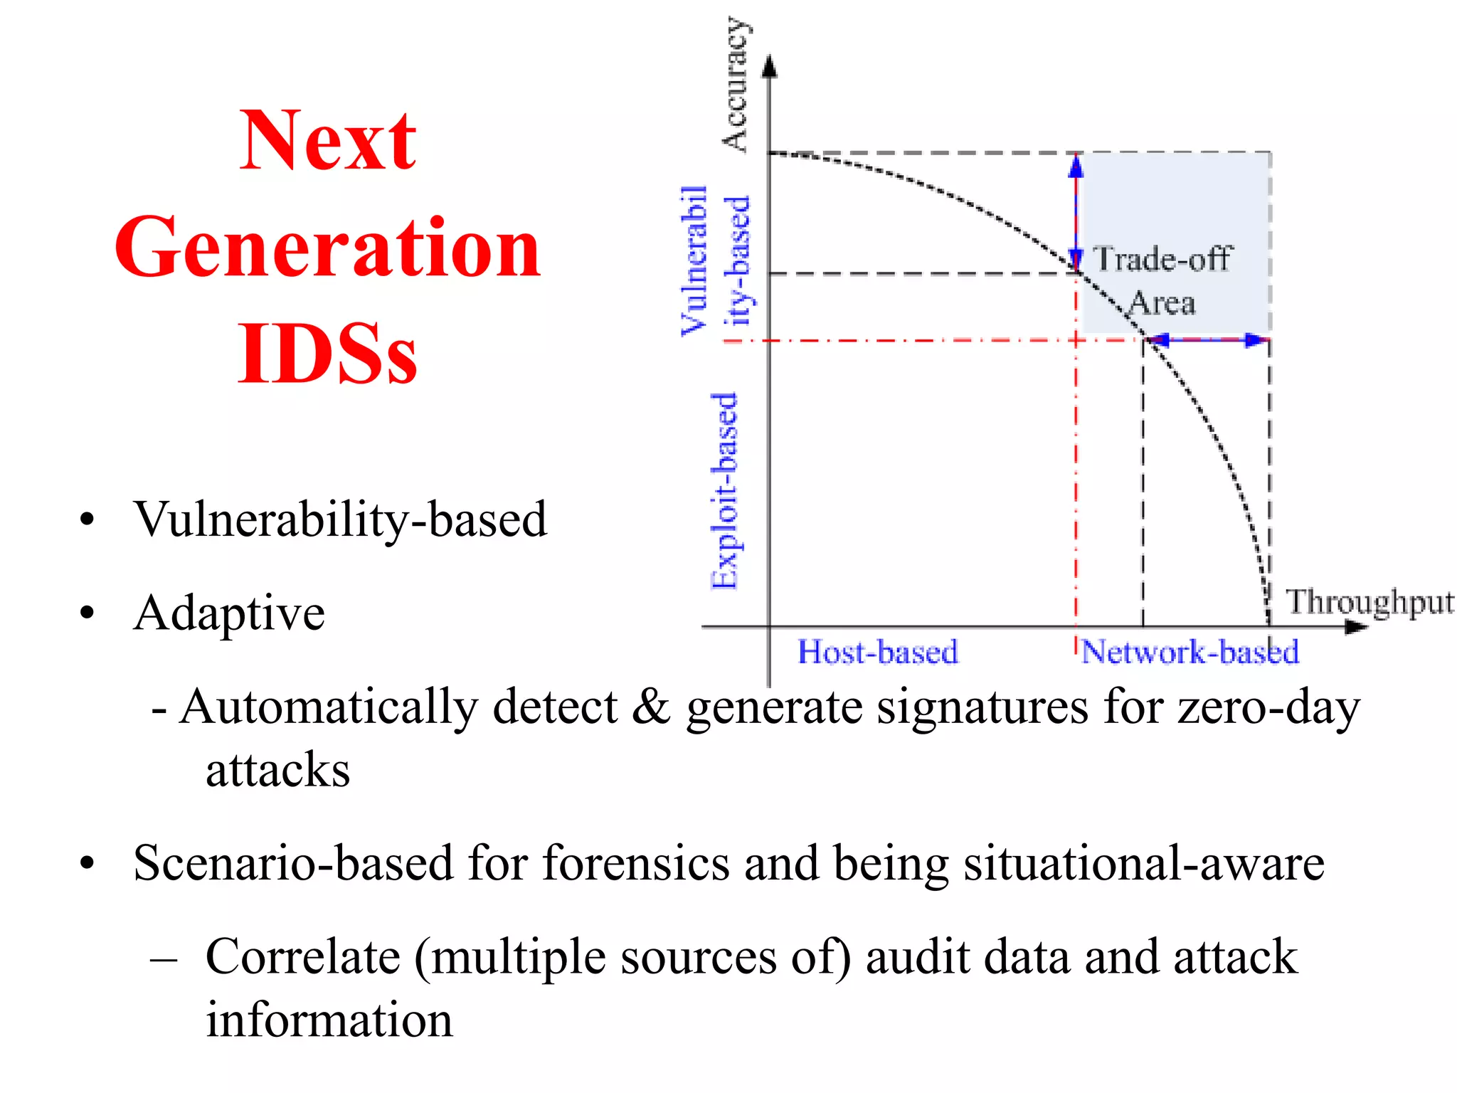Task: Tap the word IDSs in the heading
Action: [327, 354]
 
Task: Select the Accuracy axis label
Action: [736, 84]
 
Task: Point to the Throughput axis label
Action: [1369, 602]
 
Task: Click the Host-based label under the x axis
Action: [877, 652]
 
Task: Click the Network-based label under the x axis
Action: [1190, 652]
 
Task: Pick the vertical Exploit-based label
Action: [725, 491]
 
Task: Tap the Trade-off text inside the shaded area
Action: [1162, 258]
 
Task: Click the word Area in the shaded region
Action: [1162, 303]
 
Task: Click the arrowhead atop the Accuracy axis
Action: [769, 66]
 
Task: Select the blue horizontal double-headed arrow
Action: [1207, 340]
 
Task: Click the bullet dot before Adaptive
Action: [87, 613]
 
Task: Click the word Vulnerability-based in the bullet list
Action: [340, 519]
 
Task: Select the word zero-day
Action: [1268, 707]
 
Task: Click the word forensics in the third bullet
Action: [636, 863]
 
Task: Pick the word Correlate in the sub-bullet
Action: [303, 957]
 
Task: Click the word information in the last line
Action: [329, 1020]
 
